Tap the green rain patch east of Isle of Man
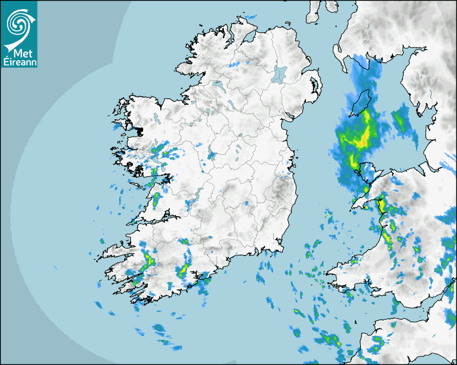coord(401,120)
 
